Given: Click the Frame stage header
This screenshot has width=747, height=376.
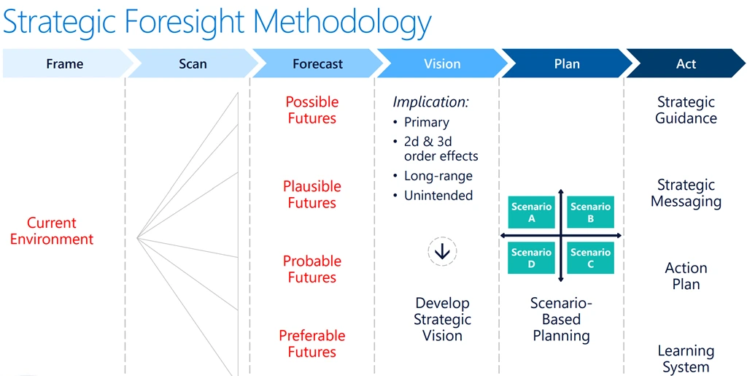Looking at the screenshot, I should (x=64, y=64).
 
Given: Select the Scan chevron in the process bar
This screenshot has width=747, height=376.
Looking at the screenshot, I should (x=193, y=64).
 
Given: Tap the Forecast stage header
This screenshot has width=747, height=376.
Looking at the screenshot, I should (x=317, y=64).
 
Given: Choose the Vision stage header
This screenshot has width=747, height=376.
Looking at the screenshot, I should (x=442, y=64).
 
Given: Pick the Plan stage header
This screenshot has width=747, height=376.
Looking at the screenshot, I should (x=567, y=64).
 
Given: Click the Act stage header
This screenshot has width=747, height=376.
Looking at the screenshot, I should (x=686, y=64).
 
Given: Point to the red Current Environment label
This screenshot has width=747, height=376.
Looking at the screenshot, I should (x=52, y=231).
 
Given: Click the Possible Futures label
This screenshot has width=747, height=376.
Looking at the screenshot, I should (x=311, y=110).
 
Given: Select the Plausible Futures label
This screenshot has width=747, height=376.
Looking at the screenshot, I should (x=311, y=195).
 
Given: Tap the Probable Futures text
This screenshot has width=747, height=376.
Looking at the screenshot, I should (x=311, y=269).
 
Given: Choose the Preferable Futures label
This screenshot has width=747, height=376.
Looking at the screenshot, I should (x=311, y=344).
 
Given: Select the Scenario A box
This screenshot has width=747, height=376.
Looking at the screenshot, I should (x=531, y=212).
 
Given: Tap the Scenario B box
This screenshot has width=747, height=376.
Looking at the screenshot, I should (x=590, y=212).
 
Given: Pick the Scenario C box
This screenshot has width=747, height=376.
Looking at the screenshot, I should (x=590, y=258).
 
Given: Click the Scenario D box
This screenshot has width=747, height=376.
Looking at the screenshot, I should (x=531, y=258).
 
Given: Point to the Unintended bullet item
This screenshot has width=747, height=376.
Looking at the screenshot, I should (x=438, y=195).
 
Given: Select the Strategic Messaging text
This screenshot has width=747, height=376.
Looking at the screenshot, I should (x=686, y=193).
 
